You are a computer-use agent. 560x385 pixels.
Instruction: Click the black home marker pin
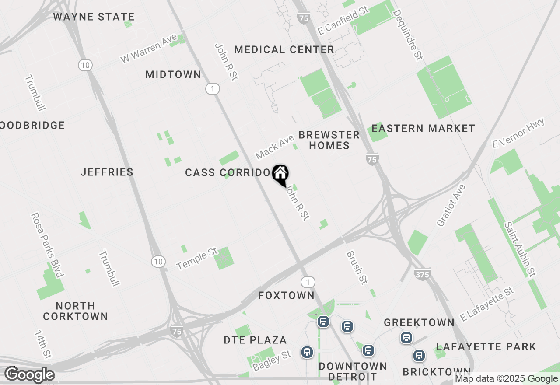(280, 174)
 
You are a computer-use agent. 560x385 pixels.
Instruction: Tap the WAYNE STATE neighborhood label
(94, 17)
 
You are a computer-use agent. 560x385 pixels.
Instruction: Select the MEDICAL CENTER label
(284, 49)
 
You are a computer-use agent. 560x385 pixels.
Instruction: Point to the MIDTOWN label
(173, 75)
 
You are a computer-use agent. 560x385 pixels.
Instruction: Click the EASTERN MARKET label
(423, 128)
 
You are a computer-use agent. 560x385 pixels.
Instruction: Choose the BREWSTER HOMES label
(329, 140)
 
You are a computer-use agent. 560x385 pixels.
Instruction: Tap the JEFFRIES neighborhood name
(107, 172)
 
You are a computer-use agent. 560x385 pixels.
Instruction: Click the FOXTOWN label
(286, 296)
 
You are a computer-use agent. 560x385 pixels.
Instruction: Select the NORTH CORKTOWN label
(76, 311)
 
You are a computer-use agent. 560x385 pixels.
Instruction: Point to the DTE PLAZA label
(255, 340)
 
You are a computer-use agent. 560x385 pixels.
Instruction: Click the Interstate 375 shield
(422, 274)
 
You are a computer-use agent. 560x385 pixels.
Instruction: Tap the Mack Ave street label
(275, 147)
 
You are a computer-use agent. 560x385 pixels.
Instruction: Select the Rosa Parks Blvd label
(47, 245)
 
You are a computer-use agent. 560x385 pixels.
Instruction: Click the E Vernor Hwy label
(518, 133)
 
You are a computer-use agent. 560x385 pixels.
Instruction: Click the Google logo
(30, 374)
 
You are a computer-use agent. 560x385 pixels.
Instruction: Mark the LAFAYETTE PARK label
(486, 346)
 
